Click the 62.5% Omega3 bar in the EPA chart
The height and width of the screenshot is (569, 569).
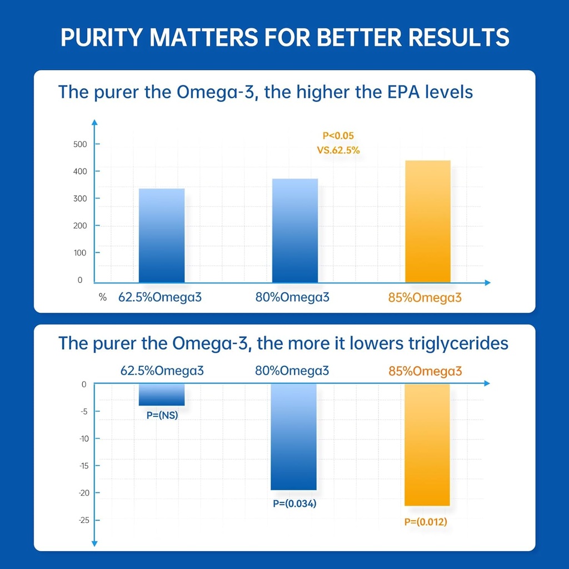point(161,236)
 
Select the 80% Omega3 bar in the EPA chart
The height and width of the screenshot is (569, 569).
point(295,231)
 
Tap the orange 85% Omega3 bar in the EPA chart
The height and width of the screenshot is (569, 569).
point(428,221)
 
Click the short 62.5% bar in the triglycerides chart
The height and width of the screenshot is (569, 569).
point(161,395)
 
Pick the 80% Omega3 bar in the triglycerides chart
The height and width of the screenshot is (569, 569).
point(293,437)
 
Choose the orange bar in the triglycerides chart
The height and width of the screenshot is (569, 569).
point(427,445)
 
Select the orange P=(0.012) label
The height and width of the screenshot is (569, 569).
point(426,522)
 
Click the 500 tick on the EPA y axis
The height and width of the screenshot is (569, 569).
point(81,144)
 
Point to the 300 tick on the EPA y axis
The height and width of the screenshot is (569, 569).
point(81,198)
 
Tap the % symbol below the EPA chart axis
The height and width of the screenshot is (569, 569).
point(103,297)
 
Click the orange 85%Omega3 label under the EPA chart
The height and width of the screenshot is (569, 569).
point(425,297)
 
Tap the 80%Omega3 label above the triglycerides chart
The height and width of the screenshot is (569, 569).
point(292,371)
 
